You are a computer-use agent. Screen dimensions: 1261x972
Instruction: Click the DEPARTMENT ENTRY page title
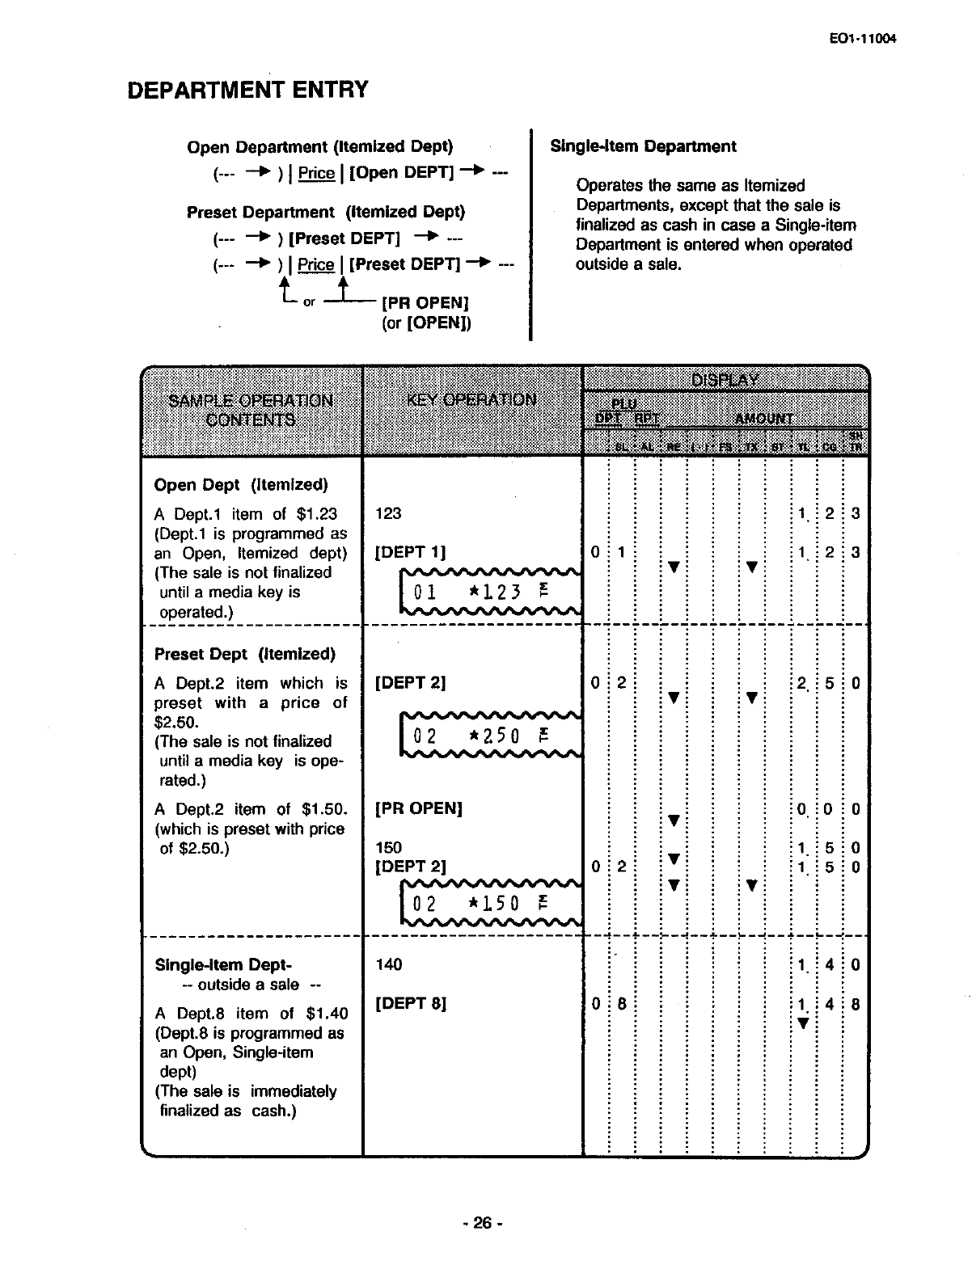[x=248, y=90]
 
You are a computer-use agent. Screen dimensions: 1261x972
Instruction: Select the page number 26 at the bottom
[x=482, y=1223]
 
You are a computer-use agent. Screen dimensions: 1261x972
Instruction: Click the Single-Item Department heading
[x=643, y=146]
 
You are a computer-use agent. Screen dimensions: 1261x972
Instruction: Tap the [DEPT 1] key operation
[x=412, y=553]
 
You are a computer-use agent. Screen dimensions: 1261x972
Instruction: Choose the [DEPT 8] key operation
[x=412, y=1004]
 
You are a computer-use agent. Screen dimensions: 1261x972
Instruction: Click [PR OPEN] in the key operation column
[x=419, y=808]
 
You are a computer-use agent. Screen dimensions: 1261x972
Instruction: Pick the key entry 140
[x=389, y=964]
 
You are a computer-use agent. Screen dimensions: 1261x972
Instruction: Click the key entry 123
[x=389, y=513]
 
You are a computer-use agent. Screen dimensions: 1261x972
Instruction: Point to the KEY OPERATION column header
[x=472, y=399]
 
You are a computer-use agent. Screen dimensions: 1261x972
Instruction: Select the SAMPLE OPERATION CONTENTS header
[x=250, y=410]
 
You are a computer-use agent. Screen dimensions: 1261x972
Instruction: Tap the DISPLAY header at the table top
[x=725, y=380]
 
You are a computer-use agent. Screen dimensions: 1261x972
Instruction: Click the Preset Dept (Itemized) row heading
[x=244, y=654]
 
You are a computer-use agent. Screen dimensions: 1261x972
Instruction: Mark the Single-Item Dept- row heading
[x=223, y=964]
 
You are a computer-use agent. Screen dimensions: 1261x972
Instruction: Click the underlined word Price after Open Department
[x=316, y=173]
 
